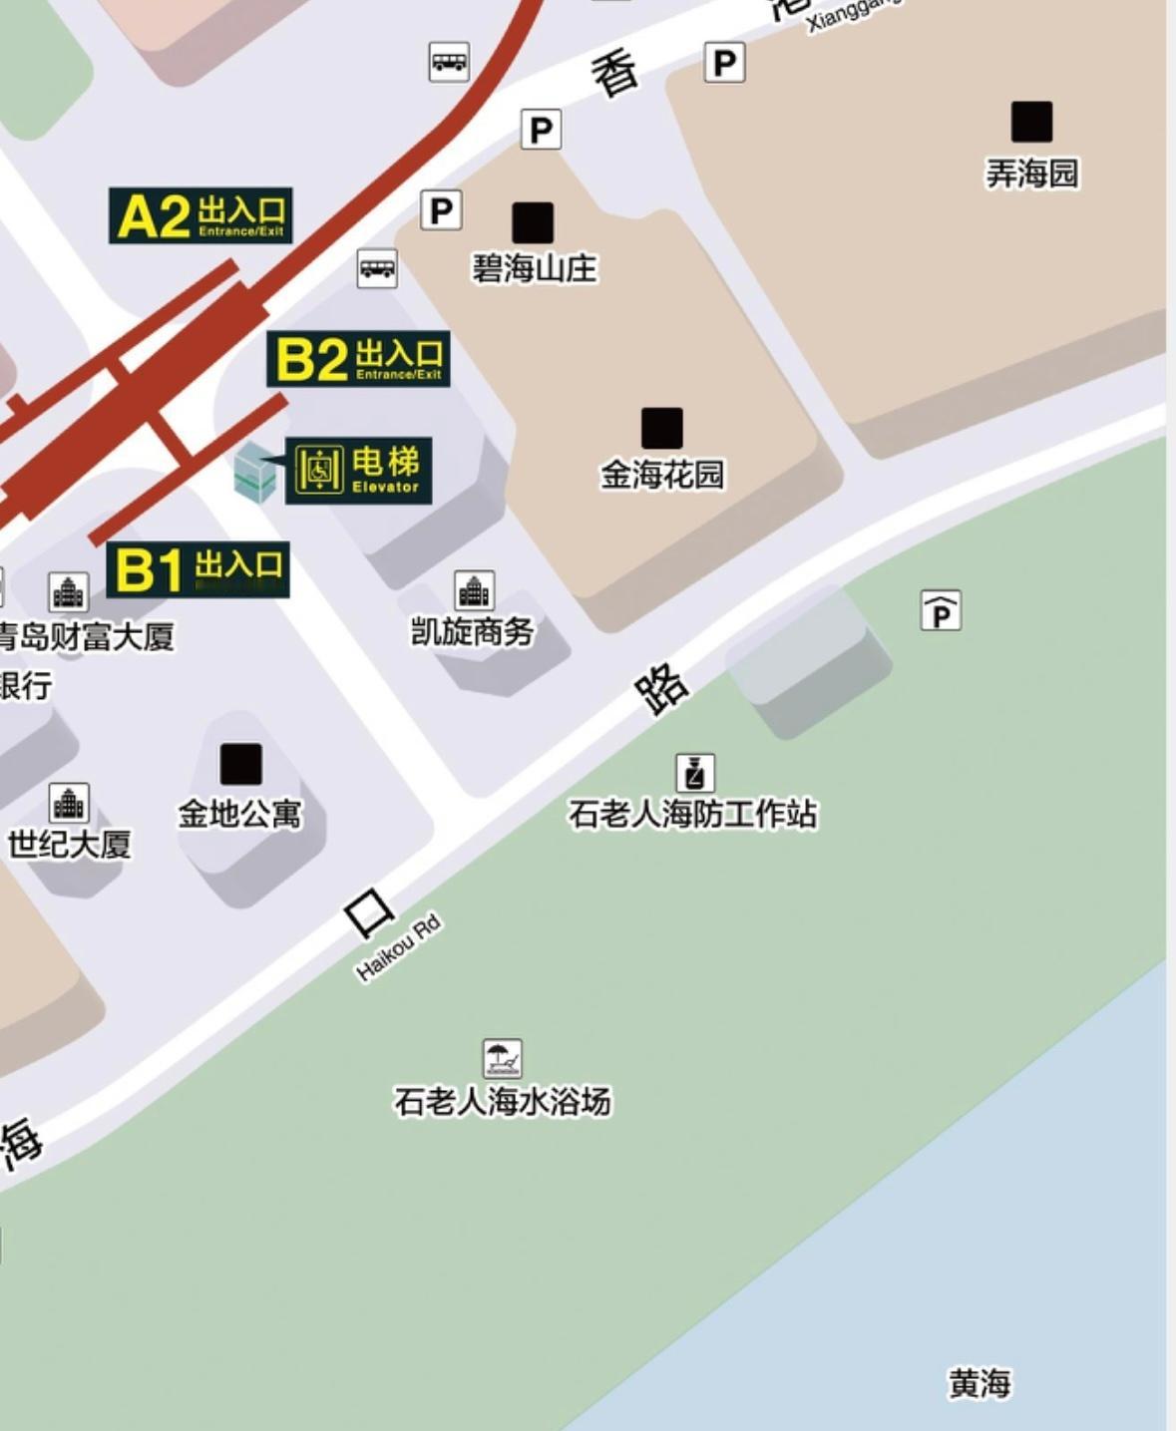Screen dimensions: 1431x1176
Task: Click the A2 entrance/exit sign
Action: point(200,215)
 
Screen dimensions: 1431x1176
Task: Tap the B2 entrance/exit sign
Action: point(358,359)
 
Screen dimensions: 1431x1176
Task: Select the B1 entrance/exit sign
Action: point(197,569)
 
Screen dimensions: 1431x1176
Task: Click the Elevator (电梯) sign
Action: point(358,471)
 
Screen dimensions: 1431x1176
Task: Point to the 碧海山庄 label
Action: point(535,268)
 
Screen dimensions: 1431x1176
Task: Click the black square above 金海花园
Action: point(661,428)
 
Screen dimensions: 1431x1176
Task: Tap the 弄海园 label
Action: point(1031,175)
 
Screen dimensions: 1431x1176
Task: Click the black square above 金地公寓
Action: point(240,765)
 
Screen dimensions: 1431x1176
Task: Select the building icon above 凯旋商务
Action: point(474,590)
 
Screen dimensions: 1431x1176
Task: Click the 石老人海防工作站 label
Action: point(693,814)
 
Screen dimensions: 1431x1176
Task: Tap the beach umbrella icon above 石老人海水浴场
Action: point(502,1058)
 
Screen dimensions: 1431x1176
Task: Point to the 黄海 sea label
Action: point(979,1383)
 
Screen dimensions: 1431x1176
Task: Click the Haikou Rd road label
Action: point(398,949)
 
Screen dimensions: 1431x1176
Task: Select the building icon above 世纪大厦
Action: point(69,803)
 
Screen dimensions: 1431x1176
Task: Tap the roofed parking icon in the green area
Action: point(941,611)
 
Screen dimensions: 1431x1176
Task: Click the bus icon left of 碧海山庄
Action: point(377,268)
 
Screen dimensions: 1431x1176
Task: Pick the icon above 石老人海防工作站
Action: point(695,773)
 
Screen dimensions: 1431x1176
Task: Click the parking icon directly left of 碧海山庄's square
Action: point(441,210)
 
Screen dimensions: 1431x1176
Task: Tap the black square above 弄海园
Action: point(1031,122)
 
